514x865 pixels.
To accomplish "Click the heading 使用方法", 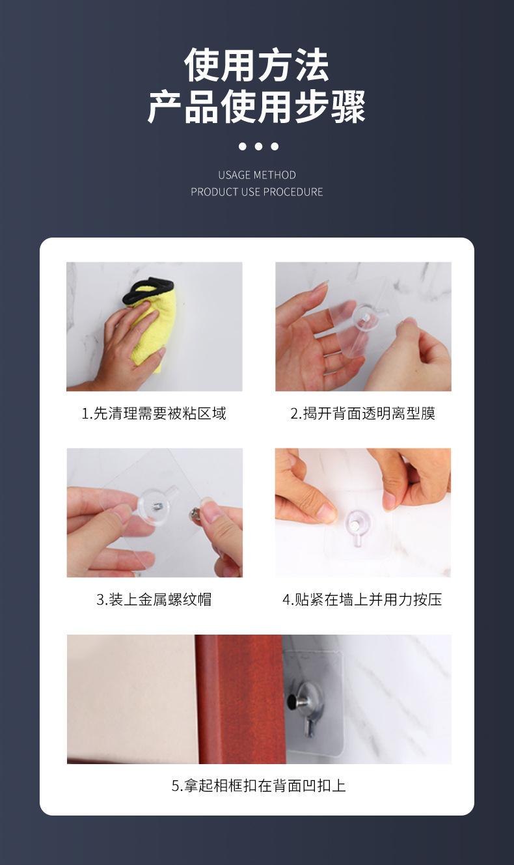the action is (256, 65).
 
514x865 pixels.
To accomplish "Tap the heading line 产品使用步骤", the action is (256, 107).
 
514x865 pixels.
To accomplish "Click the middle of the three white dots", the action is (258, 146).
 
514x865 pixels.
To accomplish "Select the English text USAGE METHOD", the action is (257, 175).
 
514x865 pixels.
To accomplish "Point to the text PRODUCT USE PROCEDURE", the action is (257, 191).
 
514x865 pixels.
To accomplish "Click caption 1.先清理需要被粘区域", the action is (154, 413).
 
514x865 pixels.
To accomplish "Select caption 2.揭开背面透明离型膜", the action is (363, 413).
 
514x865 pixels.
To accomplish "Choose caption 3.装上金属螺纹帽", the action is (154, 599).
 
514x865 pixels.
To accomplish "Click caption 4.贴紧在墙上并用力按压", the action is (362, 599).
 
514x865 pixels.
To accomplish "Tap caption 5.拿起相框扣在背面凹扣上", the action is (258, 786).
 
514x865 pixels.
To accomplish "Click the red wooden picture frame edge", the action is (241, 699).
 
